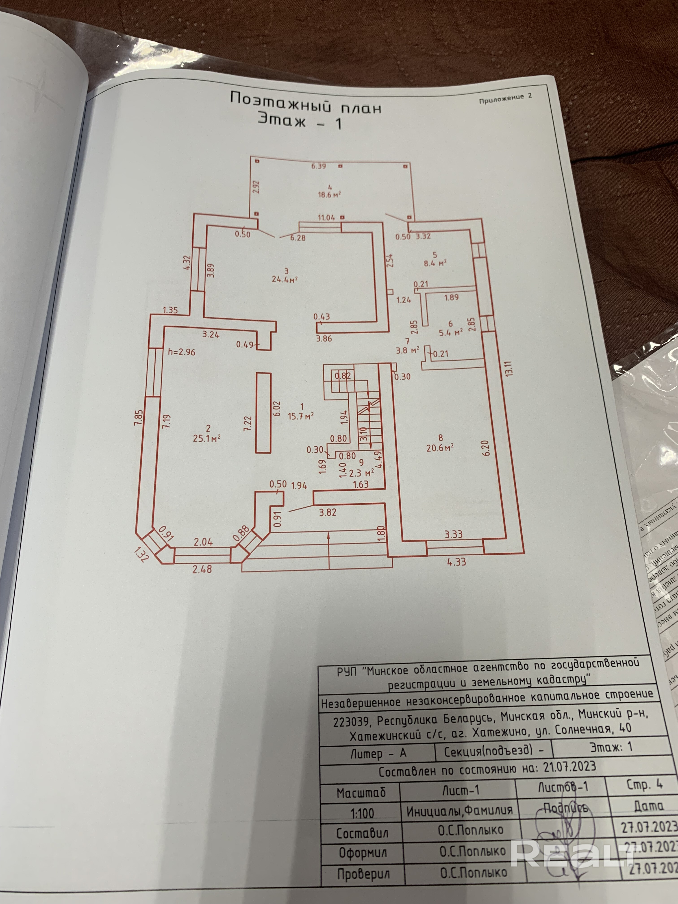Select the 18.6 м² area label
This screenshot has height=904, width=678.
(329, 195)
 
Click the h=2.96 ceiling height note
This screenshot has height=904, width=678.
(181, 352)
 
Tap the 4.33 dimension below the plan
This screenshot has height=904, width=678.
(456, 562)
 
